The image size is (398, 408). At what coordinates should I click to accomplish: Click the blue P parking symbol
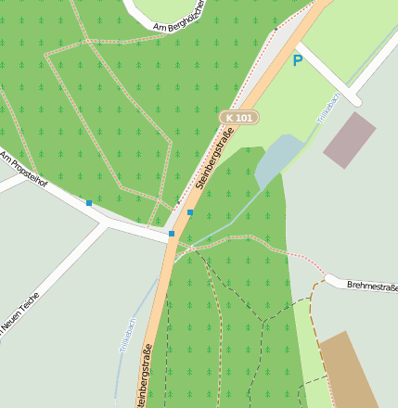click(x=297, y=61)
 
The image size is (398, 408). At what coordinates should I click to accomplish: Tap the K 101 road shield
click(x=239, y=118)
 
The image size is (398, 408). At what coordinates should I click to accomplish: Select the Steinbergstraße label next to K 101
click(x=215, y=162)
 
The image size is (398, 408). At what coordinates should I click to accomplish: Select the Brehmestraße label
click(x=372, y=287)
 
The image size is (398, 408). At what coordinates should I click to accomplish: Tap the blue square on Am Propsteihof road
click(x=89, y=202)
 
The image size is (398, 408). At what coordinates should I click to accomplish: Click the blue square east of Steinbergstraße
click(x=190, y=212)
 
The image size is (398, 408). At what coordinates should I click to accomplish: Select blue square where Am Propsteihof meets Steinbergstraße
click(x=172, y=234)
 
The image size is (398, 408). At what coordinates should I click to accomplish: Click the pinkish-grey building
click(x=350, y=140)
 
